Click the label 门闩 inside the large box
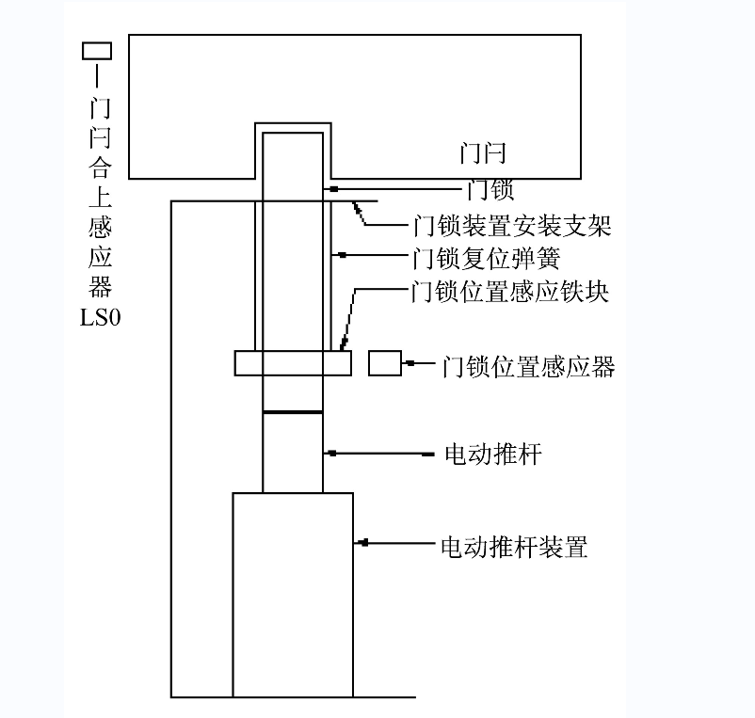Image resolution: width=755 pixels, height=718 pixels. point(483,152)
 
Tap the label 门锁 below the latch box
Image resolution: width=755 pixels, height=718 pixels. point(490,190)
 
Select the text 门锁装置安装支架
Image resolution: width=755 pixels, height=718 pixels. point(512,226)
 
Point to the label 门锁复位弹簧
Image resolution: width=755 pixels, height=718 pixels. point(488,256)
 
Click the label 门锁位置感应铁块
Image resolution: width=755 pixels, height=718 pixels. point(511,293)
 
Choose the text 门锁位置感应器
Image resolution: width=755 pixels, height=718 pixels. point(528,366)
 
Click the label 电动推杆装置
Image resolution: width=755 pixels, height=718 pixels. point(514,547)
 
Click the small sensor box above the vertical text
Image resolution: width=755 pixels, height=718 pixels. point(98,51)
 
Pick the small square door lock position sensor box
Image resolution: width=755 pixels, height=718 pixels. point(384,363)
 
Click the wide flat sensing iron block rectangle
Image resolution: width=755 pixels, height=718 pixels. point(293,363)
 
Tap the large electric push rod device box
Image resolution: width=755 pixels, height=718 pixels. point(293,594)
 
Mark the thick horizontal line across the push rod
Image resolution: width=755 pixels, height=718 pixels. point(292,412)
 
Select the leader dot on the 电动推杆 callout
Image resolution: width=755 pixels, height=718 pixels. point(332,455)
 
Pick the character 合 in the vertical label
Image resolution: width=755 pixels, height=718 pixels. point(99,168)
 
